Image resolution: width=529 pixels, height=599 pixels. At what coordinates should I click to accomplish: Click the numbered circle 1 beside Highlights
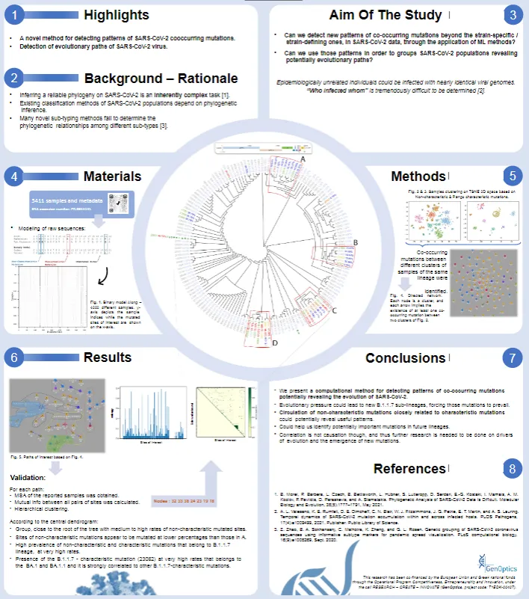tap(16, 15)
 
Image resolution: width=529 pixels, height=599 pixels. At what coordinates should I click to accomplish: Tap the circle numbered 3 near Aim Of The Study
tap(511, 15)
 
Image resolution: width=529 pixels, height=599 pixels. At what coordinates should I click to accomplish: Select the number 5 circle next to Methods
tap(511, 176)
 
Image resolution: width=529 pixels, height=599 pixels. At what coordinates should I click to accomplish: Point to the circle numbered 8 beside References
tap(511, 469)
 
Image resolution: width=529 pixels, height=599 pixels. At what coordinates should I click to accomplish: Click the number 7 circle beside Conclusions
tap(511, 358)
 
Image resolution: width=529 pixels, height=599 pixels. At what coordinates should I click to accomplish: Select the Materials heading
tap(111, 176)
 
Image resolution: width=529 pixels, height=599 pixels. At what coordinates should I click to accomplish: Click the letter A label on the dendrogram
tap(303, 159)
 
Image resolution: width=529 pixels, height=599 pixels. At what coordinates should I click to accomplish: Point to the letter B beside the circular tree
tap(356, 242)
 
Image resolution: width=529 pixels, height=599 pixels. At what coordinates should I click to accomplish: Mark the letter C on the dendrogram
tap(334, 309)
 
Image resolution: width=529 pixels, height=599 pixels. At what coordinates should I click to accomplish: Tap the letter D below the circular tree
tap(274, 343)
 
